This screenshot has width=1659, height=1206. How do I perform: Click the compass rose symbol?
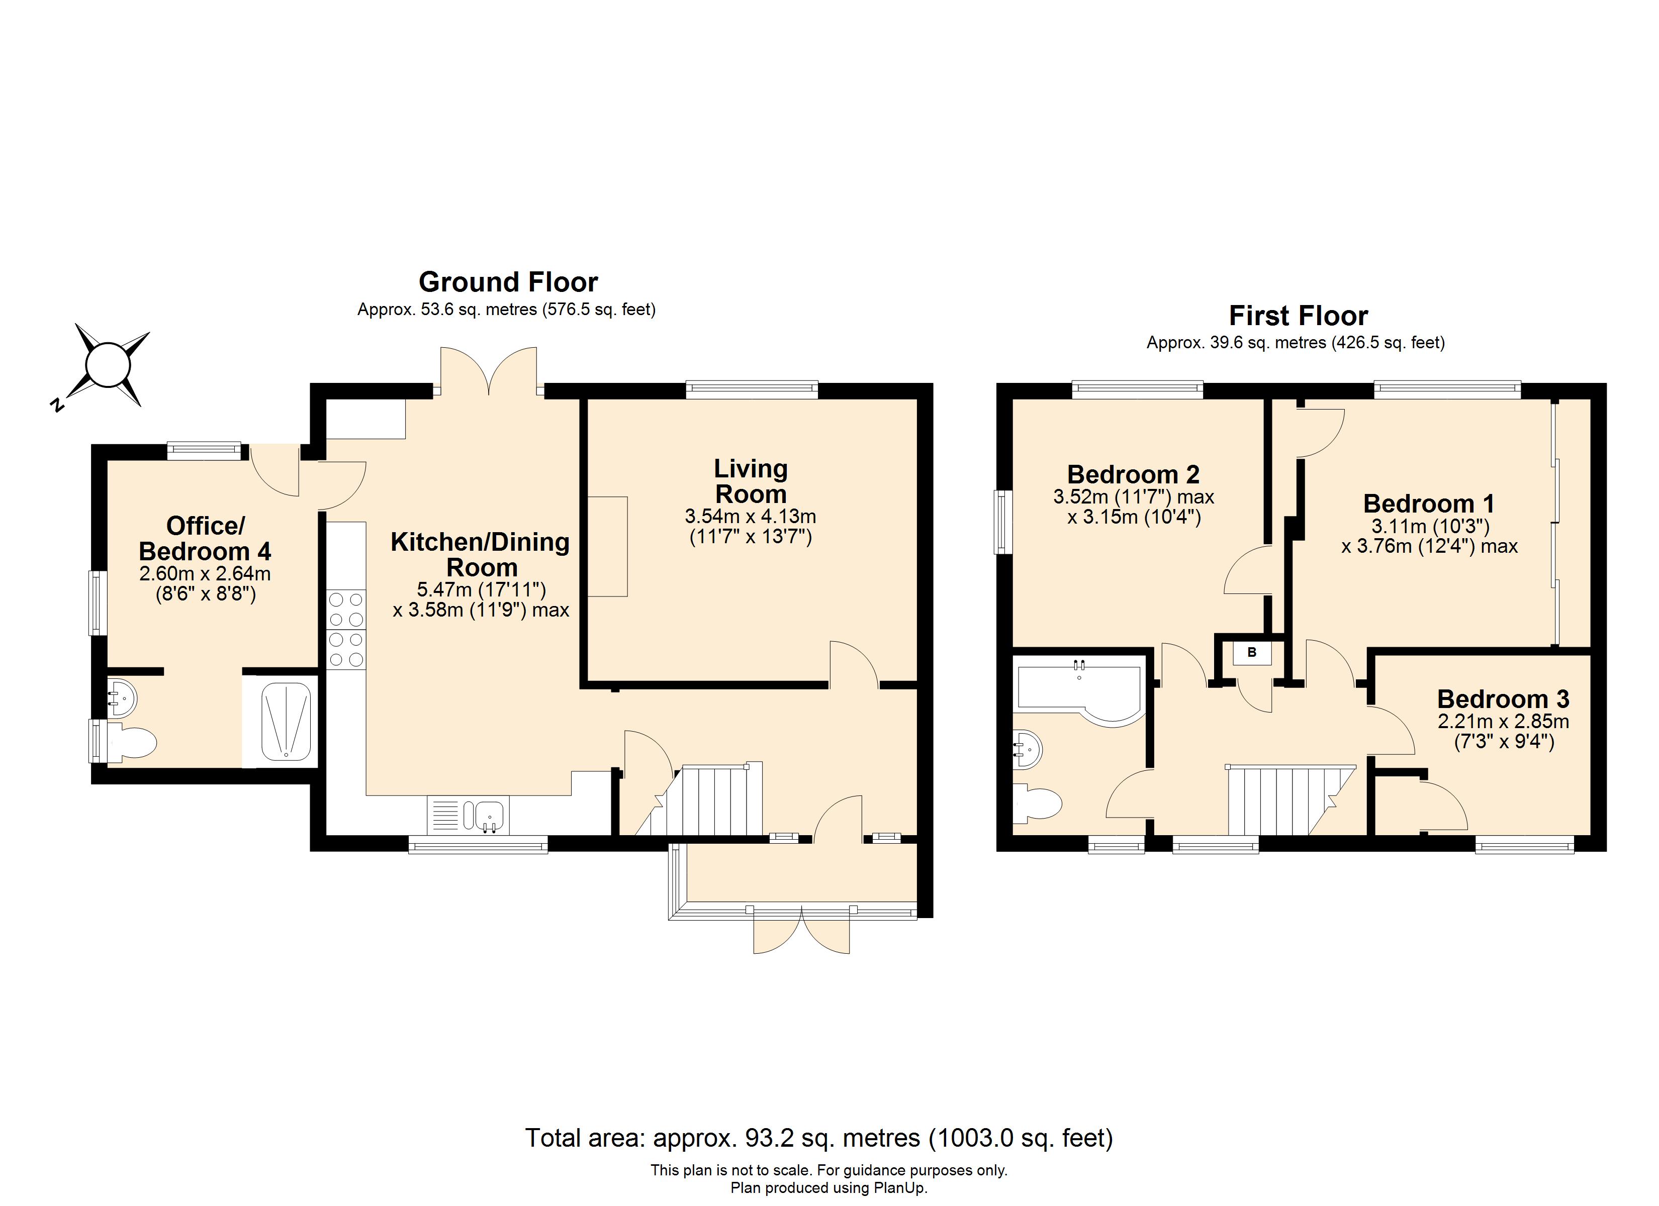108,365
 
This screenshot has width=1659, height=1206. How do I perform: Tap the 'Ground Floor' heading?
508,281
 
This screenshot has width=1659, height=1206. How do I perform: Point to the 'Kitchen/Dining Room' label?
481,554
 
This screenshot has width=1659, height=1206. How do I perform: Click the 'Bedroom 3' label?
1503,699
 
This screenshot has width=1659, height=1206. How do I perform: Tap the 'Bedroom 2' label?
1133,475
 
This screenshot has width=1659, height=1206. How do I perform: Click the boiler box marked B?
1252,652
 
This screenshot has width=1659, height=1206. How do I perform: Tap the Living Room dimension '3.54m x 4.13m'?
751,517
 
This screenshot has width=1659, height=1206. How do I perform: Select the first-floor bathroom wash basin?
1027,749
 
